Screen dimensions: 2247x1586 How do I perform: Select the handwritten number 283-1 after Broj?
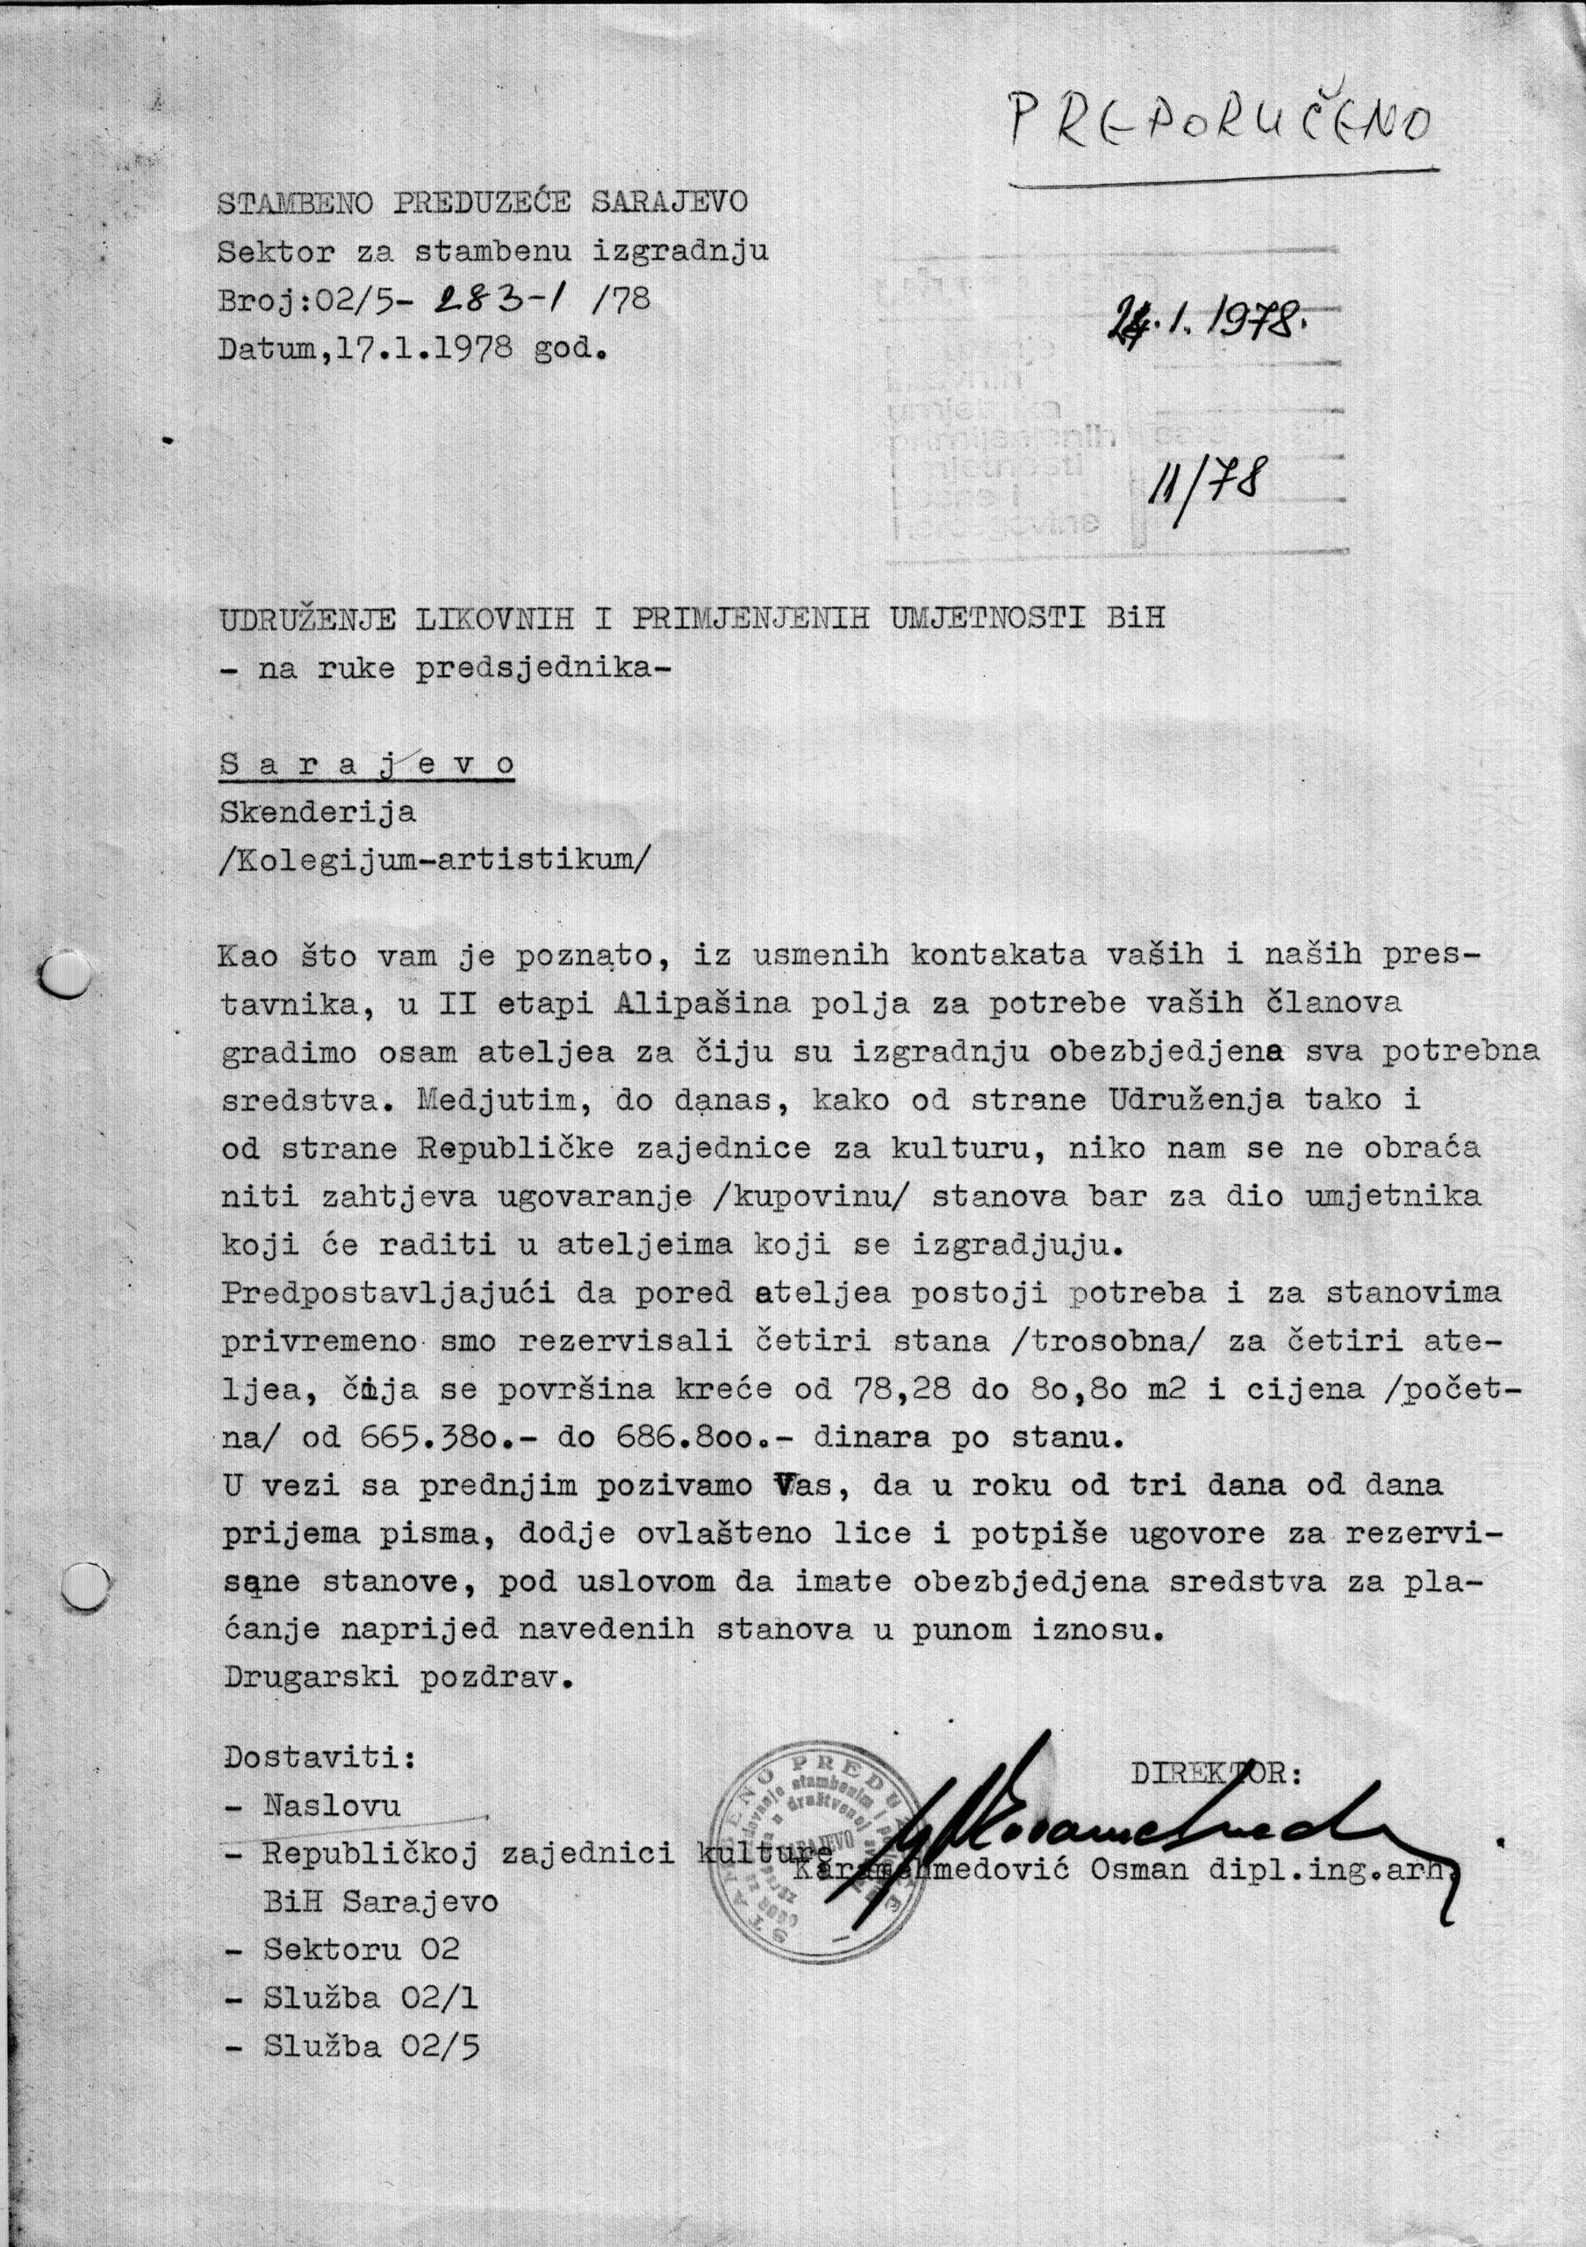click(495, 298)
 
